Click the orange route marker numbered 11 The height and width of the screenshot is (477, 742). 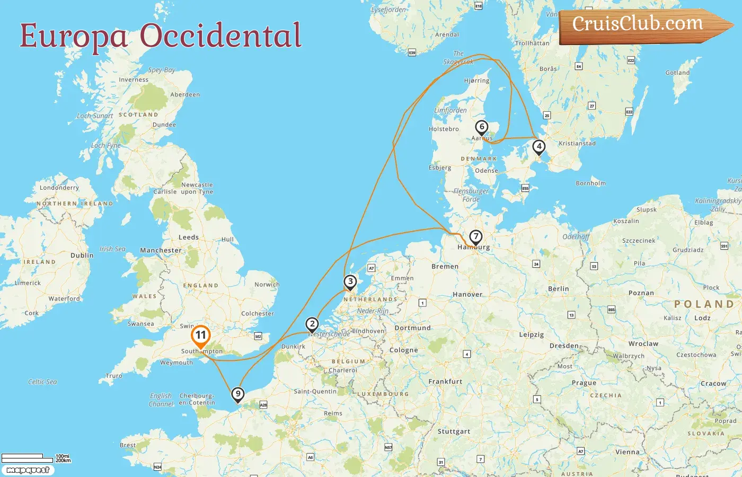[201, 335]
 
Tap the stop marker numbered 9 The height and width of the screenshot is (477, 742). [238, 394]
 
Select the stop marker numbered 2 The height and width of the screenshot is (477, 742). [312, 324]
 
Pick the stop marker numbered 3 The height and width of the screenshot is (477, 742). [350, 281]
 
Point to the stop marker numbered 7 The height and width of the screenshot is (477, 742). [476, 236]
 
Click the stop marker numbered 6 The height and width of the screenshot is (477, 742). [481, 127]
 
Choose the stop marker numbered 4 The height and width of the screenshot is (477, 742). [538, 146]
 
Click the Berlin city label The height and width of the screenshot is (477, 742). [558, 289]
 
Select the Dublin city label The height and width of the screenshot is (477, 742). [82, 255]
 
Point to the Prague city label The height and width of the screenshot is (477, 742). [584, 383]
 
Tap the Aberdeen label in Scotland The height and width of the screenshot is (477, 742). [185, 94]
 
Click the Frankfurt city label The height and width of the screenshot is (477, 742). [445, 382]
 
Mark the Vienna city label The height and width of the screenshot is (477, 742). [627, 452]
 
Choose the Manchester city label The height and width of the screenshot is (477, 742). [161, 250]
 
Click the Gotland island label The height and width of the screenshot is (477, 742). [677, 73]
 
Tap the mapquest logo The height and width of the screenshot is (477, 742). [28, 470]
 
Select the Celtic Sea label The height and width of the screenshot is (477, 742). [42, 382]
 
